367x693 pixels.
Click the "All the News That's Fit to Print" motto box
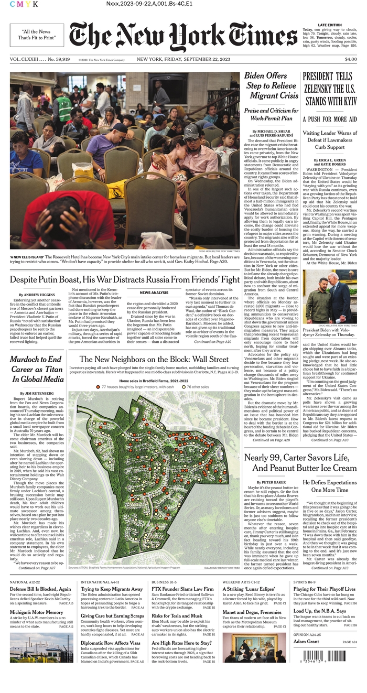[x=37, y=35]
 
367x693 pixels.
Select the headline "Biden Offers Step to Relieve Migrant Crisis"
[x=272, y=86]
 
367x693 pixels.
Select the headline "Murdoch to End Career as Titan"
[x=36, y=369]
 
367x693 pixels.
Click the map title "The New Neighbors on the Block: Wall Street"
[x=154, y=360]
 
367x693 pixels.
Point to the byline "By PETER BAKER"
[x=272, y=482]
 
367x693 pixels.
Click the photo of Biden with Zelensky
[x=330, y=296]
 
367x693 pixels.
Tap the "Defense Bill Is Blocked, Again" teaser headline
[x=40, y=589]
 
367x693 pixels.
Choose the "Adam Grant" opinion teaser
[x=306, y=642]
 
